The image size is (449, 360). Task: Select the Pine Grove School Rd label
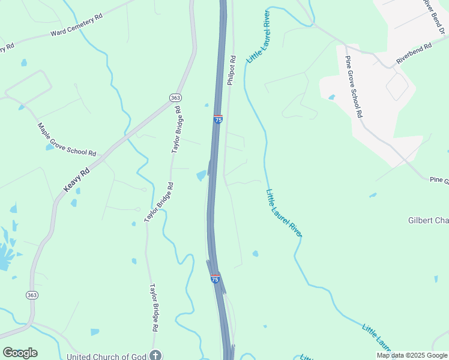[354, 86]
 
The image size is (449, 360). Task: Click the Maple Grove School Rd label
[67, 140]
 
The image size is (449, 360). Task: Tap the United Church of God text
[107, 356]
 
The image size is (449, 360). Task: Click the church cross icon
[156, 355]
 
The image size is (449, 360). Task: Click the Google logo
[20, 353]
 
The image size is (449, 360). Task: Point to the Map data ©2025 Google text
[411, 355]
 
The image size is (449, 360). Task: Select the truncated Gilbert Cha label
[428, 220]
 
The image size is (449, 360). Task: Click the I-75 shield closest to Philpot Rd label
[218, 119]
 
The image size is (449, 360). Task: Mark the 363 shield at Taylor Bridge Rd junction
[175, 98]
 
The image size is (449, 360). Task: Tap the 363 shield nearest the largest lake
[31, 295]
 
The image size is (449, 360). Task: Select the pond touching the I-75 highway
[202, 175]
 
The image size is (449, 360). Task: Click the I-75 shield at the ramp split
[215, 279]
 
